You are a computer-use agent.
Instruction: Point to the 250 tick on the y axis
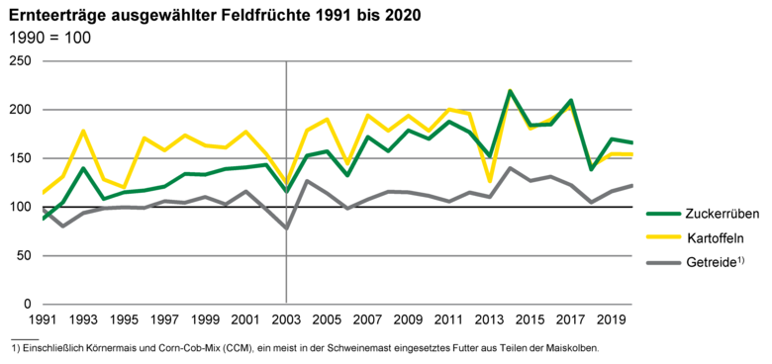(21, 61)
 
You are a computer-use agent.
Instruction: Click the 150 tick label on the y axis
(21, 158)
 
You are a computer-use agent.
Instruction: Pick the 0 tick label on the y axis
(29, 304)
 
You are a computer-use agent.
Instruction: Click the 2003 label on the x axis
(286, 320)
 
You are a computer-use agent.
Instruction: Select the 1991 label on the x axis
(43, 320)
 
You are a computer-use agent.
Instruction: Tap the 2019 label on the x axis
(612, 320)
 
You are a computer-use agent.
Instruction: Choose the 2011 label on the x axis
(449, 320)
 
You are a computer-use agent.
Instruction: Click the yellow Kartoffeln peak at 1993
(84, 131)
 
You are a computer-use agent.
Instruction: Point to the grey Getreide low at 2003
(286, 228)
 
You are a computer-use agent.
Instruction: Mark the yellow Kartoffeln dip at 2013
(490, 182)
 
